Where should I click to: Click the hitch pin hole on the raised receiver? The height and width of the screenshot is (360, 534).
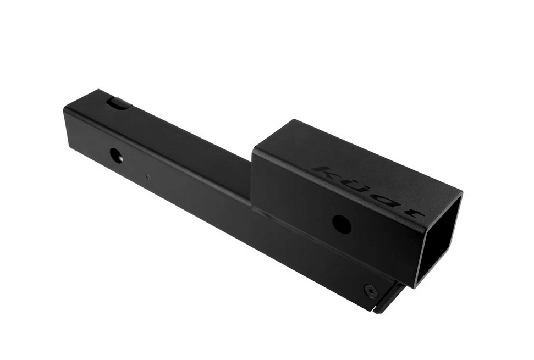[342, 224]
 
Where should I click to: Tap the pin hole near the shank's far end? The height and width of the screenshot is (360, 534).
[116, 155]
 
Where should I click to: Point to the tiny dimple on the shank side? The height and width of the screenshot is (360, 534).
[147, 177]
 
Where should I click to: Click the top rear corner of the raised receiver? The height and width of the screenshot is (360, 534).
[293, 120]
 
